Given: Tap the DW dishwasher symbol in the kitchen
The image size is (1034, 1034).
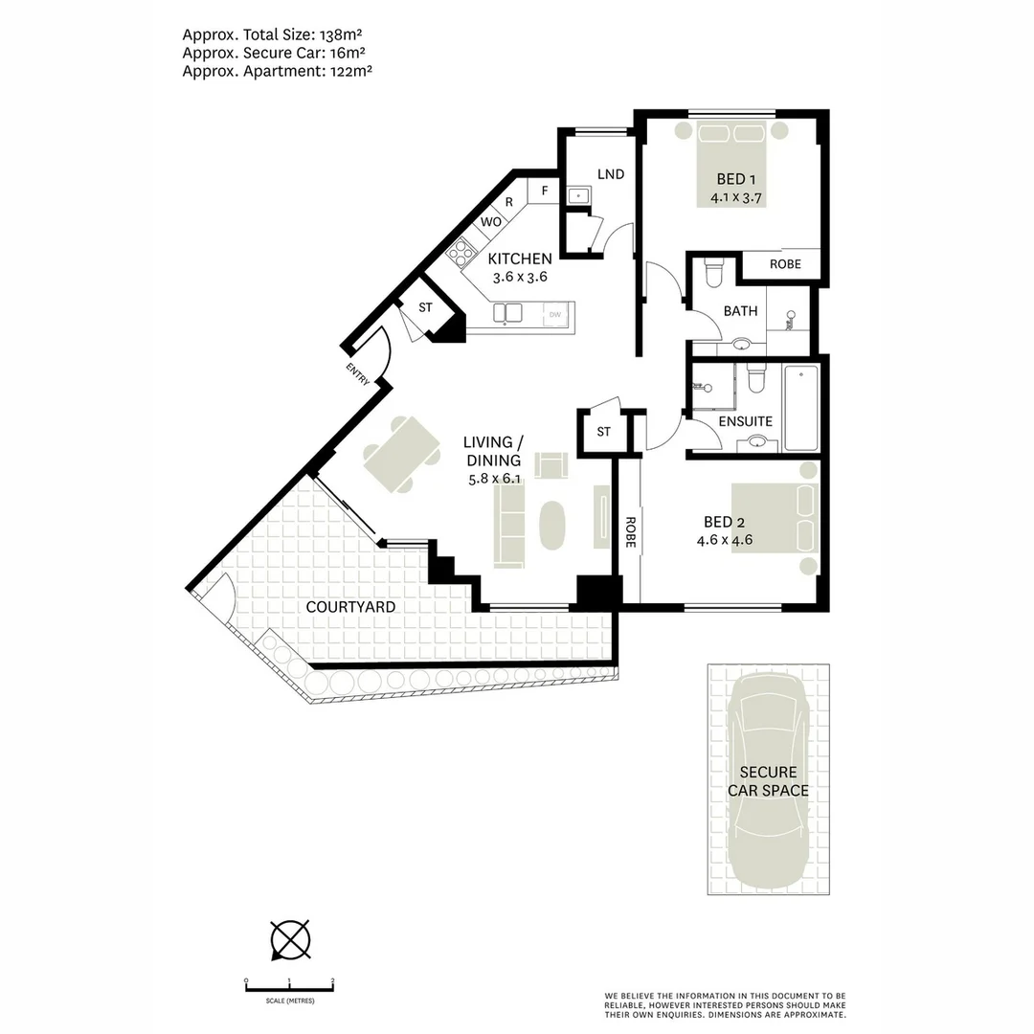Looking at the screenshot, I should (x=554, y=314).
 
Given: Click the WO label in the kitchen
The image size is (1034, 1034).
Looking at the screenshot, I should (x=491, y=221).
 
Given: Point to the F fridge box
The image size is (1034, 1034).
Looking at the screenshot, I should (x=544, y=191).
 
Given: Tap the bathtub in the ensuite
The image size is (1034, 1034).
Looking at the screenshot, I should (x=801, y=407).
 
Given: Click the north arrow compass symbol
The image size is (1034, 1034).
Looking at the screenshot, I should (x=290, y=938).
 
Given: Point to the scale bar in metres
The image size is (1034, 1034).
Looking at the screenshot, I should (x=289, y=986).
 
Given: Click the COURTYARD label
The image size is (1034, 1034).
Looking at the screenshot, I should (x=349, y=607).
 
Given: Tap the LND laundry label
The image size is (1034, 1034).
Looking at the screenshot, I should (x=610, y=174).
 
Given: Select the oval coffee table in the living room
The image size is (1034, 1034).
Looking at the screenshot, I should (x=552, y=525).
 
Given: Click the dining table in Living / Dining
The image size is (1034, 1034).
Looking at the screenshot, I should (x=401, y=455).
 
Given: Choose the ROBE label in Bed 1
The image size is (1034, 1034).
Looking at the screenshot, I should (x=785, y=264).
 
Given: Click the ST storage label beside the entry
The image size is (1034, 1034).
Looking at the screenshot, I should (x=425, y=307).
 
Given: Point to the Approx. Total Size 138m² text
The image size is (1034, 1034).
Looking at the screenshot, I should (x=278, y=34).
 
